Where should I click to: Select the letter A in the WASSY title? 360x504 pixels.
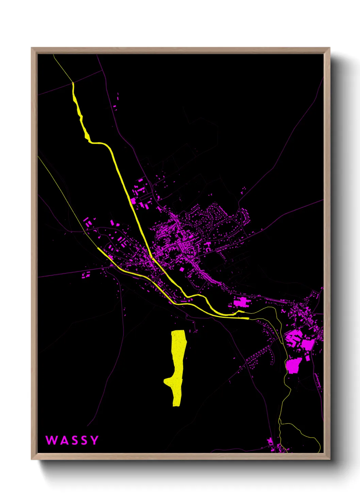(x=62, y=440)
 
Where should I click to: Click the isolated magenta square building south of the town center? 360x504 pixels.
(x=182, y=269)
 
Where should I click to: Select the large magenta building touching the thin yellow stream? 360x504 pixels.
(x=293, y=365)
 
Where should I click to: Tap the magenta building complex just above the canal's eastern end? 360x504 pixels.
(x=242, y=302)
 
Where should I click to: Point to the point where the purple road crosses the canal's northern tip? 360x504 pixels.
(x=73, y=82)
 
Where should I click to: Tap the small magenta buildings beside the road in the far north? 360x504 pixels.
(x=116, y=102)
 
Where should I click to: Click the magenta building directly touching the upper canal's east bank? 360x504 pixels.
(x=133, y=201)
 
